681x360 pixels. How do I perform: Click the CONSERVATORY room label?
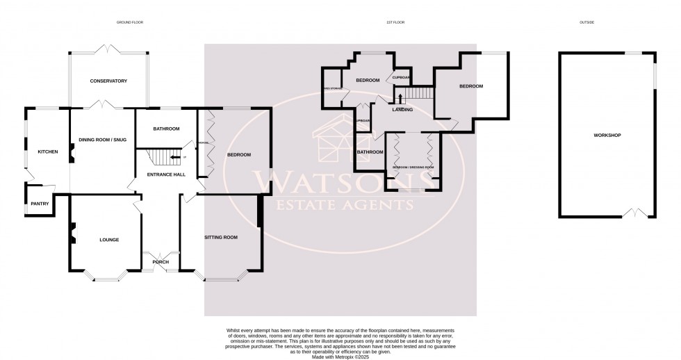108,81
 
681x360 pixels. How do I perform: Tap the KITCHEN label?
47,152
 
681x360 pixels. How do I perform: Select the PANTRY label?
39,204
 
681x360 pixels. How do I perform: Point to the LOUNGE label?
109,240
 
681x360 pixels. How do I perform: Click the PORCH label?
161,262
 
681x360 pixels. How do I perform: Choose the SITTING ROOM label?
220,237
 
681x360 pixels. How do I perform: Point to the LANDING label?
402,110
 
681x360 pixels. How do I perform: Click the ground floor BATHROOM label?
166,129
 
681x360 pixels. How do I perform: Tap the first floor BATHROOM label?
369,152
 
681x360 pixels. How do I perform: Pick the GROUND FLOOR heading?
129,23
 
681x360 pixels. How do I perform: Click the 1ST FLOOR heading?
395,23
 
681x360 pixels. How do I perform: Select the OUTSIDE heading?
586,23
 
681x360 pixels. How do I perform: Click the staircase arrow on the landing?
400,98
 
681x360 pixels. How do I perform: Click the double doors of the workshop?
635,213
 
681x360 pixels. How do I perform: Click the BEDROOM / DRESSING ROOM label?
413,167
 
